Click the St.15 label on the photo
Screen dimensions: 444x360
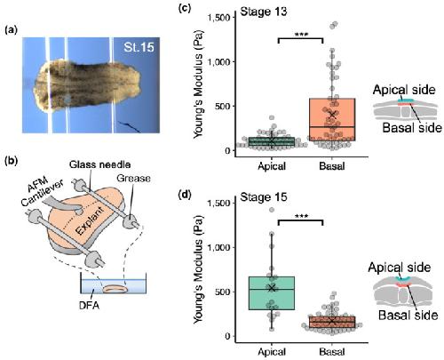[139, 47]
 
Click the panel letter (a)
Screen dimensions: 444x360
[11, 29]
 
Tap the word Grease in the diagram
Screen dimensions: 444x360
[133, 178]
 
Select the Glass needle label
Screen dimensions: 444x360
[99, 164]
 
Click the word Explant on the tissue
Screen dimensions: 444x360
[90, 220]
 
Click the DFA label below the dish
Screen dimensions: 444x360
[89, 305]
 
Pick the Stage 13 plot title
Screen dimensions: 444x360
[264, 12]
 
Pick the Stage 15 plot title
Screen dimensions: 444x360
[264, 197]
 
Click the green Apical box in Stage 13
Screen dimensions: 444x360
[272, 141]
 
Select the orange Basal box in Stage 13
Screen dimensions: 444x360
[332, 120]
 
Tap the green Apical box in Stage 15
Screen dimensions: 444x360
[272, 293]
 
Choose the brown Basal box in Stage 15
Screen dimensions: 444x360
[332, 322]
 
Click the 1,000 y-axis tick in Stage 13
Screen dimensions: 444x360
[219, 62]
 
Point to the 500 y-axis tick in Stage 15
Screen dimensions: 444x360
[223, 292]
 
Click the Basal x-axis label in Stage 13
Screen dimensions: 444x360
[332, 166]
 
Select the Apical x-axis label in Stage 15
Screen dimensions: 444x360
[272, 352]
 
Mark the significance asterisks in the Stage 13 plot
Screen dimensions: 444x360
[301, 34]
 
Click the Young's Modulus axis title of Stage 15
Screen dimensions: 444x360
[199, 269]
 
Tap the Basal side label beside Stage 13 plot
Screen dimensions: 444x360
[412, 128]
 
